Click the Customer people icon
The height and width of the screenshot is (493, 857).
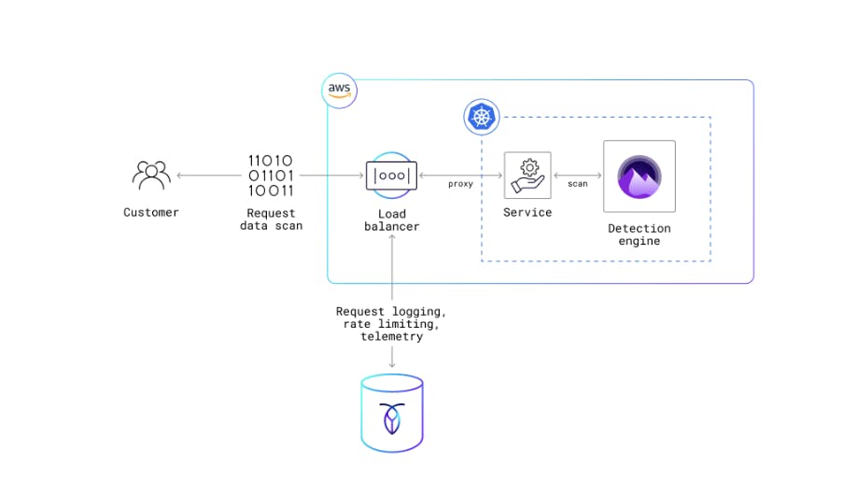click(x=151, y=175)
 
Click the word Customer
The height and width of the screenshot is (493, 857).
click(x=151, y=212)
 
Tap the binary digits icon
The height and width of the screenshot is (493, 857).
click(x=271, y=175)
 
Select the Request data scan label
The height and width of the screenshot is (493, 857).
click(x=271, y=219)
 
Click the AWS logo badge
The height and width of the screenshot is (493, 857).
click(x=339, y=90)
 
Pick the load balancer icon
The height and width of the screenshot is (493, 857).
click(x=391, y=175)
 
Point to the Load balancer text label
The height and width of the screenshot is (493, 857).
click(x=391, y=220)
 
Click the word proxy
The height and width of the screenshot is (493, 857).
click(x=460, y=184)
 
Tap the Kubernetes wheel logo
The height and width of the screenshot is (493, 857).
click(x=482, y=118)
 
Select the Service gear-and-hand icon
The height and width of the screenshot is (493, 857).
click(x=527, y=175)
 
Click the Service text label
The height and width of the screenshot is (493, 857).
click(x=527, y=212)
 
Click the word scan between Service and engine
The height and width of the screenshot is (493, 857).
click(x=577, y=184)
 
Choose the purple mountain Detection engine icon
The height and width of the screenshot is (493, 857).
click(x=639, y=176)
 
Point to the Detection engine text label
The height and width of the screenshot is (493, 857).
click(x=639, y=234)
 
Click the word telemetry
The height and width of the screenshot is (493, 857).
click(x=391, y=336)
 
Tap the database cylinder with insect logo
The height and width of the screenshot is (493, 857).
click(x=391, y=412)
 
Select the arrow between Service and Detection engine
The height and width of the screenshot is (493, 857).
click(x=577, y=175)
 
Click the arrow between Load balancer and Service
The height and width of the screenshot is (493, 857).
click(x=460, y=175)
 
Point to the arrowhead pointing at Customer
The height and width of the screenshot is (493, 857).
click(x=180, y=175)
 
